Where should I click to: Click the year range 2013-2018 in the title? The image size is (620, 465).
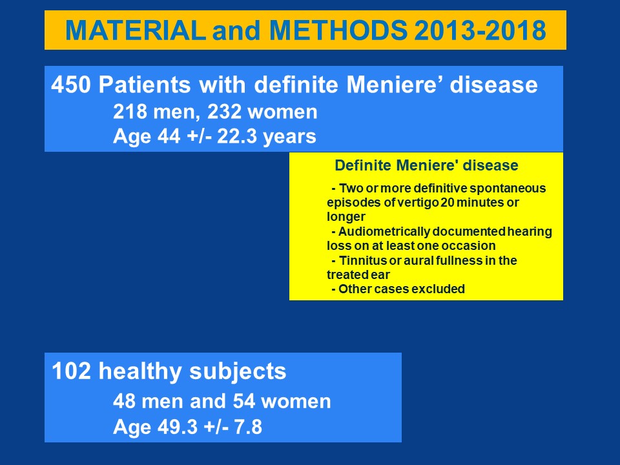pos(480,30)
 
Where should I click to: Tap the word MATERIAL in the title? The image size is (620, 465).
pos(135,30)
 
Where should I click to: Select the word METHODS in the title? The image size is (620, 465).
pos(338,30)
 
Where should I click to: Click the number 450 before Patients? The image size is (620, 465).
pos(71,85)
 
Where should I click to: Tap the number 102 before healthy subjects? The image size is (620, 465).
pos(71,371)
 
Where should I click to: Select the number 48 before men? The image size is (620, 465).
pos(124,401)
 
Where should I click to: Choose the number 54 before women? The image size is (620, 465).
pos(244,401)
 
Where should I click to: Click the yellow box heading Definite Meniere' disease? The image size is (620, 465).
pos(426,165)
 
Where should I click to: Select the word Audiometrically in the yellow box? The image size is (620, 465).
pos(384,232)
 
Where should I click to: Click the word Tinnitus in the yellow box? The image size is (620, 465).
pos(362,260)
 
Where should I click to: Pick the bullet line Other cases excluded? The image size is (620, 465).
pos(398,289)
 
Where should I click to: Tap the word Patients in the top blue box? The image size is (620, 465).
pos(144,85)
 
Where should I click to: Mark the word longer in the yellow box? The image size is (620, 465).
pos(346,218)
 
